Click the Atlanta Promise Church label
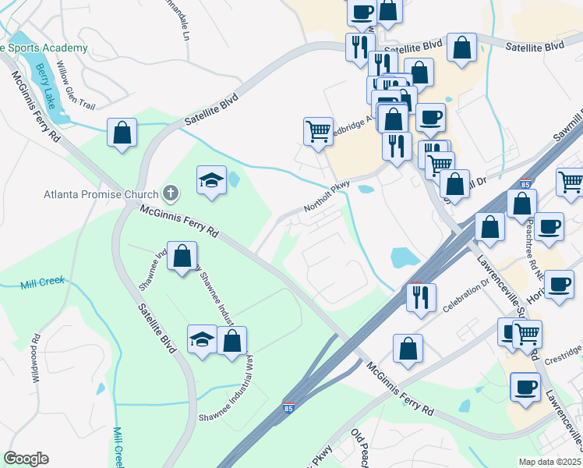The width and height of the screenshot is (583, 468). pyautogui.click(x=100, y=193)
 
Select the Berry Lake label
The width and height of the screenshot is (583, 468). pyautogui.click(x=49, y=87)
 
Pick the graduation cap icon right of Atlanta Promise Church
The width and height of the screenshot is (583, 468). pyautogui.click(x=211, y=180)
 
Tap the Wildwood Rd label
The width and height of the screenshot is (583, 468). pyautogui.click(x=36, y=352)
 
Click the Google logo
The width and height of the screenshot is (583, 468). pyautogui.click(x=26, y=458)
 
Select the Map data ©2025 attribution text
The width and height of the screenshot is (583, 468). pyautogui.click(x=550, y=462)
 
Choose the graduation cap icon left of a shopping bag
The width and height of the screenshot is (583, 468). pyautogui.click(x=202, y=339)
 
